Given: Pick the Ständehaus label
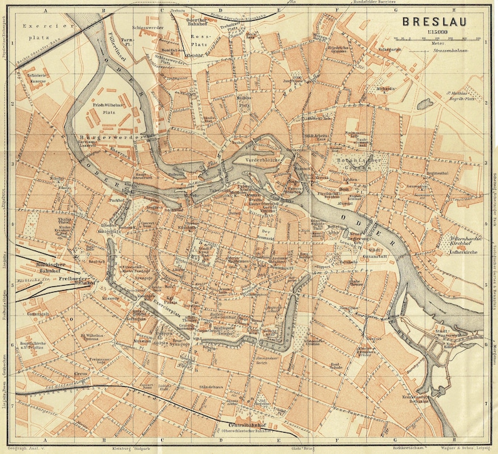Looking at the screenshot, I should [211, 386].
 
